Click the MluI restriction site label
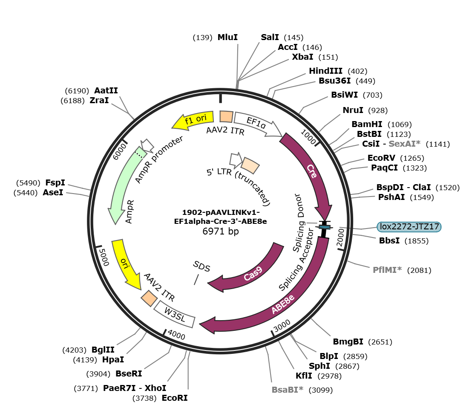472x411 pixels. tap(227, 38)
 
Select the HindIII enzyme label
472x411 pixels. tap(326, 71)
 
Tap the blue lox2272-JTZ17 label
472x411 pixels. tap(409, 226)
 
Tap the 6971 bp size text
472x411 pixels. tap(221, 231)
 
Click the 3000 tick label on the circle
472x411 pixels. tap(282, 326)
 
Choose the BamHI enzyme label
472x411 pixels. tap(367, 124)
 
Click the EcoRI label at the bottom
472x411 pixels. tap(175, 398)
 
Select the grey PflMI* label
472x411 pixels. tap(387, 270)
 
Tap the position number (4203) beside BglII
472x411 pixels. tap(75, 350)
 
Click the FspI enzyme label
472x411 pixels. tap(55, 182)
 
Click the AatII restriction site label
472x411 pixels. tap(106, 90)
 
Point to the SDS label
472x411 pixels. tap(201, 266)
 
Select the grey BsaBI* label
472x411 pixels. tap(288, 390)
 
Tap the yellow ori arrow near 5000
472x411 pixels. tap(126, 264)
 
